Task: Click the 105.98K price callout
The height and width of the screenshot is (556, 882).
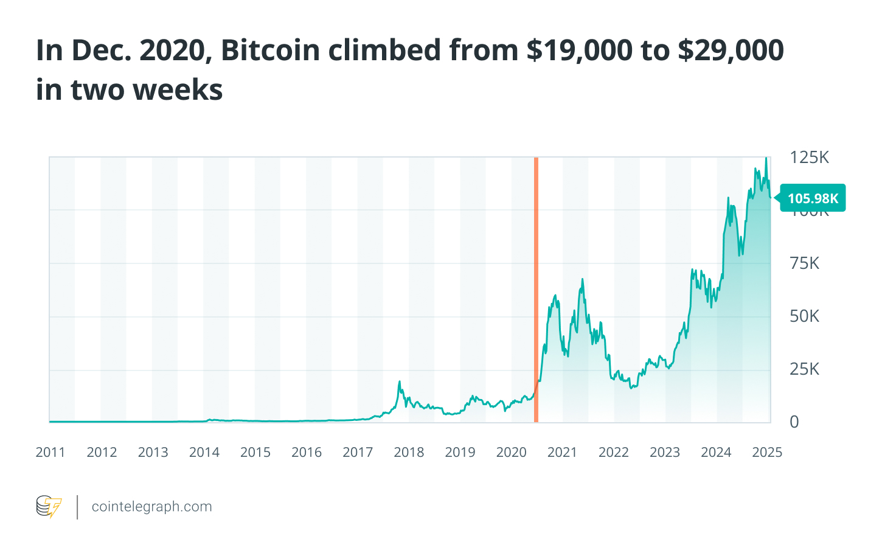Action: tap(813, 198)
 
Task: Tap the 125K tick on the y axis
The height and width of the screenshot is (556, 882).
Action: tap(809, 158)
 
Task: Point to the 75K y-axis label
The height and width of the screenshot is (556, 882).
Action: tap(804, 263)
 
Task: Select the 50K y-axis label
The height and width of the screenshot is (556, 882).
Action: tap(804, 316)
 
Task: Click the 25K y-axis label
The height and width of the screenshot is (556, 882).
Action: tap(804, 369)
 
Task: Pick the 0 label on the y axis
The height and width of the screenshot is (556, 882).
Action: tap(794, 422)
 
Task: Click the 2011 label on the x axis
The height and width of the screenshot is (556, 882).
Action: tap(50, 453)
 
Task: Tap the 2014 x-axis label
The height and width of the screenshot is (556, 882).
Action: tap(204, 453)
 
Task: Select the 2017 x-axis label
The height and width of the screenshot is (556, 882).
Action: tap(358, 453)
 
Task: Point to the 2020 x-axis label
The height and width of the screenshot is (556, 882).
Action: tap(511, 453)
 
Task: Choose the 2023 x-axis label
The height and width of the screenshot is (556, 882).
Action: tap(665, 453)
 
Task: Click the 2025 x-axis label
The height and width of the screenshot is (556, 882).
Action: tap(767, 453)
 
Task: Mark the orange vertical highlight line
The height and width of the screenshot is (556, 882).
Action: tap(536, 290)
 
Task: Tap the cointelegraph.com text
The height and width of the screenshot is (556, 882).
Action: tap(151, 507)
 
